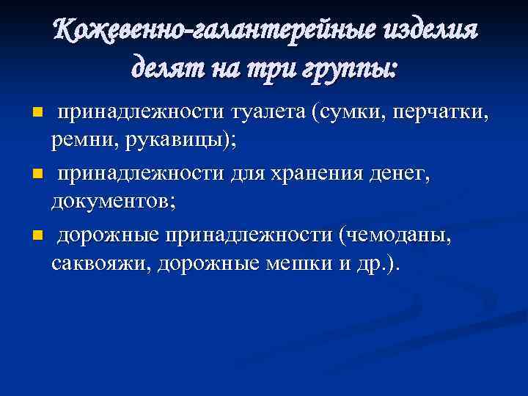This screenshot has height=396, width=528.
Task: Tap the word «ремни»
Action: click(x=80, y=142)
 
